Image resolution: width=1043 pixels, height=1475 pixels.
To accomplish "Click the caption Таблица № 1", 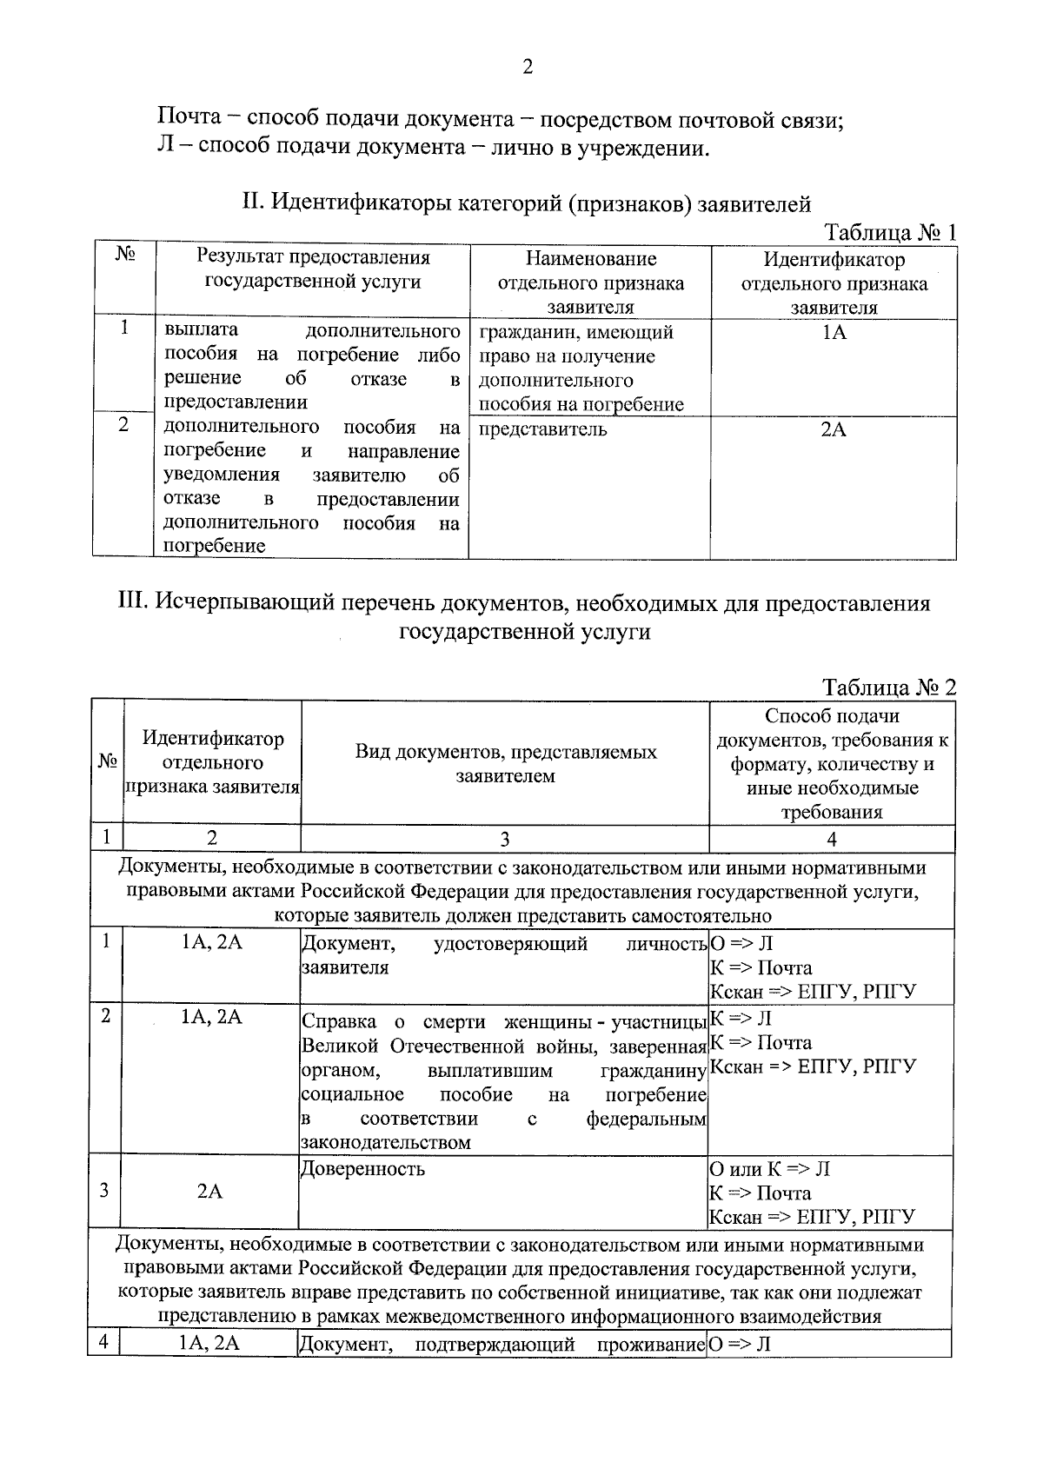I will tap(890, 233).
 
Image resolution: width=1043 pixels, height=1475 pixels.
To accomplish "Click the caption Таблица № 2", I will tap(890, 687).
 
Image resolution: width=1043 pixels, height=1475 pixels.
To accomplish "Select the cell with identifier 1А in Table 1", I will tap(834, 333).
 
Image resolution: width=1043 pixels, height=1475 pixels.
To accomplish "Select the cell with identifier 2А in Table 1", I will tap(834, 429).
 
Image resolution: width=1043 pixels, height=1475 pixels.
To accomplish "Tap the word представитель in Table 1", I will tap(542, 429).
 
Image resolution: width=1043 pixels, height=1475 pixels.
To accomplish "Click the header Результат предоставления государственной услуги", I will tap(313, 269).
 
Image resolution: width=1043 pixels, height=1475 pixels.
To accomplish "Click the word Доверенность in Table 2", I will tap(362, 1168).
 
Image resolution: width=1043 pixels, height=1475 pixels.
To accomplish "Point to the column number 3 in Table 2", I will tap(504, 839).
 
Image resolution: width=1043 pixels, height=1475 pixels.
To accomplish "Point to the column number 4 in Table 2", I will tap(832, 839).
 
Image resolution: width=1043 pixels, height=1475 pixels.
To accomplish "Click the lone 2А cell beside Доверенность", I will tap(209, 1191).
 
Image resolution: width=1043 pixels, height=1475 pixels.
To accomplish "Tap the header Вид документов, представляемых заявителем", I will tap(505, 764).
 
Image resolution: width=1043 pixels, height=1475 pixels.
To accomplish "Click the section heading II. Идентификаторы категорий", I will tap(526, 203).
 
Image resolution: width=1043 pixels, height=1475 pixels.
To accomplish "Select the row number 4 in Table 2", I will tap(103, 1343).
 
